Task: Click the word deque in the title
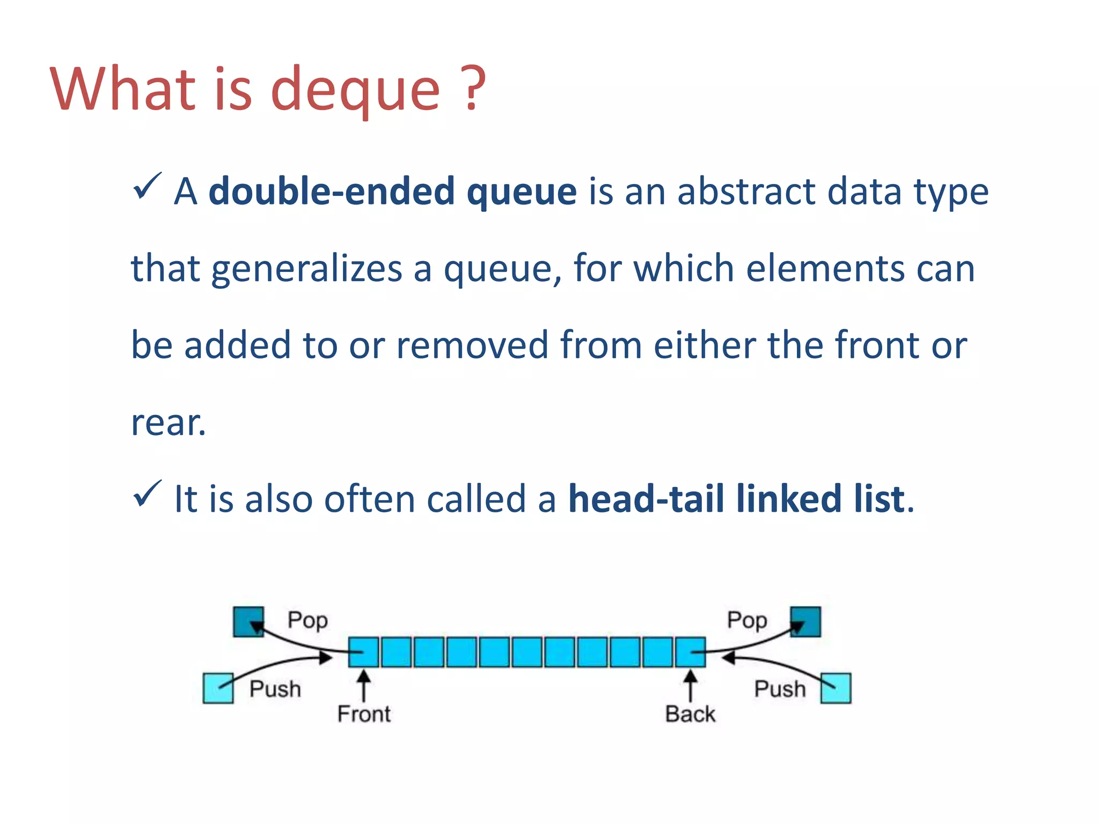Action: coord(355,90)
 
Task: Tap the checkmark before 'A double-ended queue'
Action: coord(146,187)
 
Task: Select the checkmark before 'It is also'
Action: coord(146,494)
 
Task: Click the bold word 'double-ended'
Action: coord(332,191)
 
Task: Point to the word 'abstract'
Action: coord(746,191)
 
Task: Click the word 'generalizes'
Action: coord(306,268)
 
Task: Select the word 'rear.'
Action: coord(168,422)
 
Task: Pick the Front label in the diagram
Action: coord(364,714)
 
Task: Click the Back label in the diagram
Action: coord(690,714)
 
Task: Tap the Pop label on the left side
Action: coord(307,620)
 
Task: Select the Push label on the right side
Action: coord(780,689)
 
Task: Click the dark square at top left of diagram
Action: coord(248,622)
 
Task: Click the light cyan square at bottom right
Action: coord(836,688)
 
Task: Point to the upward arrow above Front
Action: coord(364,685)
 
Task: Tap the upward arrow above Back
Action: coord(690,685)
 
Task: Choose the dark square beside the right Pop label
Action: coord(805,622)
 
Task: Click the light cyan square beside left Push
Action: coord(218,688)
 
